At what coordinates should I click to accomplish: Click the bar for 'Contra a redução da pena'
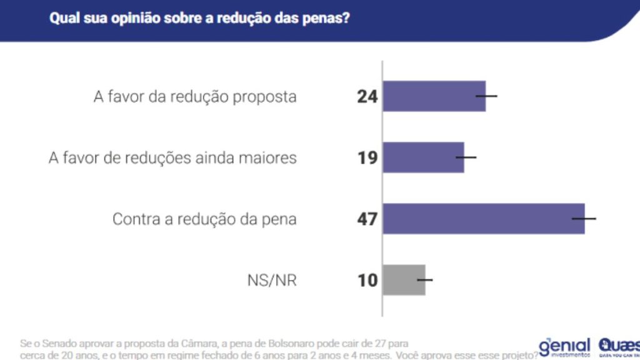click(483, 219)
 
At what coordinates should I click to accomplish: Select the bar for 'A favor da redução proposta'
click(434, 96)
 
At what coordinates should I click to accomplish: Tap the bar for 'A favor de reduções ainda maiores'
click(423, 157)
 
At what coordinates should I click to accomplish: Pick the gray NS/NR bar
click(404, 280)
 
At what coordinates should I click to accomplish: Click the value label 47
click(367, 219)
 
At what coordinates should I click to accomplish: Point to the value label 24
click(367, 97)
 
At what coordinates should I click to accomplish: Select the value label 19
click(367, 158)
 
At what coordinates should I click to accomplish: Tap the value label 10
click(367, 281)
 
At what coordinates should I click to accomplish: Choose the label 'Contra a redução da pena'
click(204, 219)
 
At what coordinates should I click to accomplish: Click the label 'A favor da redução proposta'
click(195, 97)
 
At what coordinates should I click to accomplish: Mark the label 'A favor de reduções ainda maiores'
click(172, 158)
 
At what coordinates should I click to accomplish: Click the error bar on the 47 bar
click(585, 219)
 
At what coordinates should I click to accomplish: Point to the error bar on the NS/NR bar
click(425, 280)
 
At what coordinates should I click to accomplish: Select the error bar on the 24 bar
click(486, 96)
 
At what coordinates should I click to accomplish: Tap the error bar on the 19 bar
click(466, 157)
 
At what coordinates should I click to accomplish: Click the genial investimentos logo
click(564, 347)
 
